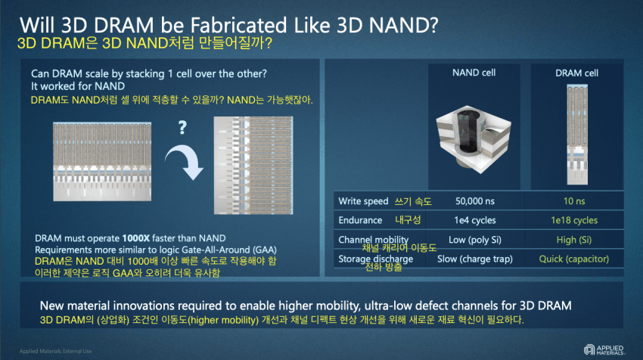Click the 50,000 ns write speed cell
click(475, 201)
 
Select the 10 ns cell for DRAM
click(574, 201)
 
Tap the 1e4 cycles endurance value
click(475, 220)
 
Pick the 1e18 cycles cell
click(574, 220)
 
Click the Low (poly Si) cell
click(475, 240)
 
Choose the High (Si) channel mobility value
click(574, 240)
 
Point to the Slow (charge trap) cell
click(475, 259)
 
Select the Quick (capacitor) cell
click(574, 259)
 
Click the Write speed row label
click(363, 201)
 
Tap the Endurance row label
click(360, 220)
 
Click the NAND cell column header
click(474, 73)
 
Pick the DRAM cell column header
click(576, 73)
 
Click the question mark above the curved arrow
click(182, 128)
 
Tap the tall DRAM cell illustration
click(577, 135)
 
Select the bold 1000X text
click(135, 238)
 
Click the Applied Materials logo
click(604, 349)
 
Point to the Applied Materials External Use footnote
click(56, 351)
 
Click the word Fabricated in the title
click(238, 26)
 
